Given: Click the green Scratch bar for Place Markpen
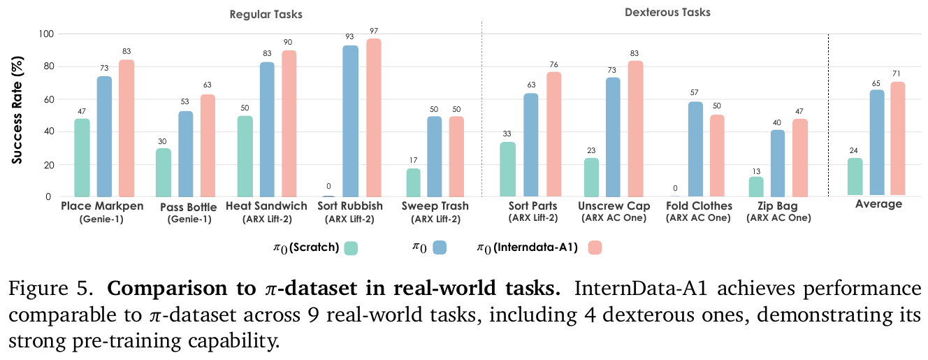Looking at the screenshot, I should pyautogui.click(x=82, y=157).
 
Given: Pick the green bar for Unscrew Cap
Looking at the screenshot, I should pyautogui.click(x=590, y=177).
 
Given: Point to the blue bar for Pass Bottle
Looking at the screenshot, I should pyautogui.click(x=186, y=153).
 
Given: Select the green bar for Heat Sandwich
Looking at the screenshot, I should pyautogui.click(x=245, y=156).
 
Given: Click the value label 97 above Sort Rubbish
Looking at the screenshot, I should pyautogui.click(x=375, y=31).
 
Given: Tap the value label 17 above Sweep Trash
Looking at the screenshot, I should pyautogui.click(x=414, y=161).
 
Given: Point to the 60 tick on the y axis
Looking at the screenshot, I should pyautogui.click(x=47, y=99).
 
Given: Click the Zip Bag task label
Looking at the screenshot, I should pyautogui.click(x=778, y=206).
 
